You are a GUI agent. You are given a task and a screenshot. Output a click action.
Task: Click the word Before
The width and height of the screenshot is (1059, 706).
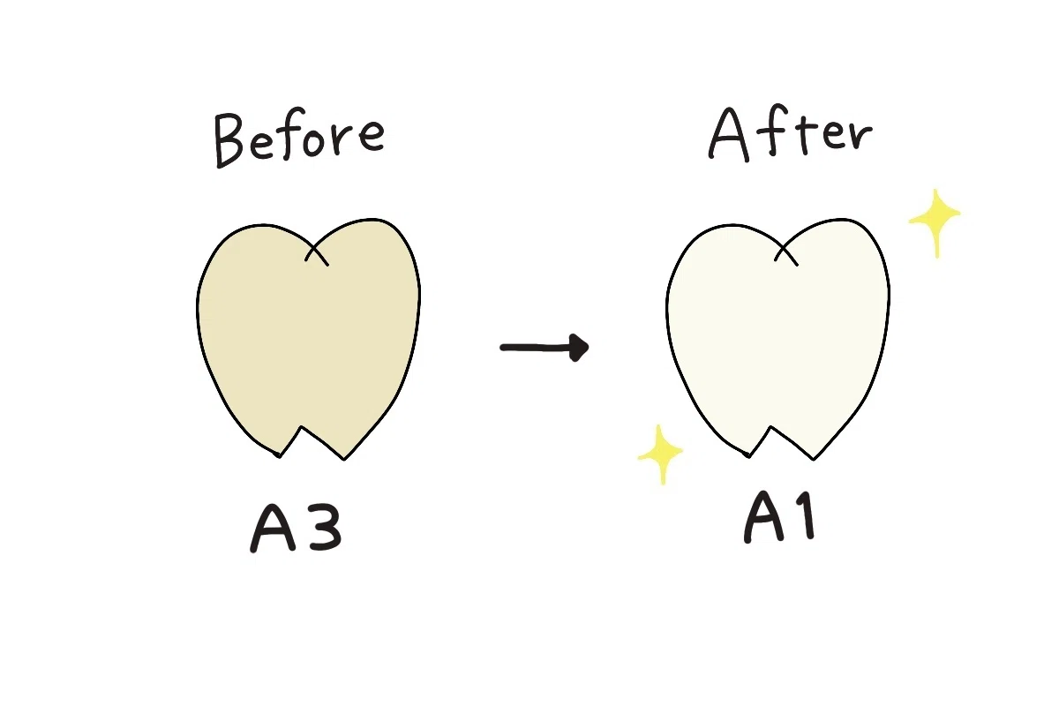click(x=299, y=138)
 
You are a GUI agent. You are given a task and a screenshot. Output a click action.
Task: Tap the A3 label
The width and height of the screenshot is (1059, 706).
click(x=296, y=528)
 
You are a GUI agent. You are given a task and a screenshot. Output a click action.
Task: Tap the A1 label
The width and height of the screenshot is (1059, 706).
click(x=780, y=517)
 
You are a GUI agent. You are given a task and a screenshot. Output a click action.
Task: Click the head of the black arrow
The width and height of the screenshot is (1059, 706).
click(x=579, y=348)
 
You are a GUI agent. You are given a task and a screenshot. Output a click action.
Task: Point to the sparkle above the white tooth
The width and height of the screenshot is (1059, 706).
click(x=935, y=222)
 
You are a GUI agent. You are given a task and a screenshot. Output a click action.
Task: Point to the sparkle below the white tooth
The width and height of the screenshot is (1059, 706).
click(x=661, y=454)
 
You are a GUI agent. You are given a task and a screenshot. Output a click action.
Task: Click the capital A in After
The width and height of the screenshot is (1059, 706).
click(x=729, y=135)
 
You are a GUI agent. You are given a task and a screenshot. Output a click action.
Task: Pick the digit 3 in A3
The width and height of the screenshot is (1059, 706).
click(x=325, y=529)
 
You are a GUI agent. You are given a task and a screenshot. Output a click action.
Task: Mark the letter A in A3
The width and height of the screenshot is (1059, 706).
click(x=273, y=529)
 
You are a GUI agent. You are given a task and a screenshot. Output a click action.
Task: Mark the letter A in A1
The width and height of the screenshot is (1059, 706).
click(x=764, y=518)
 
